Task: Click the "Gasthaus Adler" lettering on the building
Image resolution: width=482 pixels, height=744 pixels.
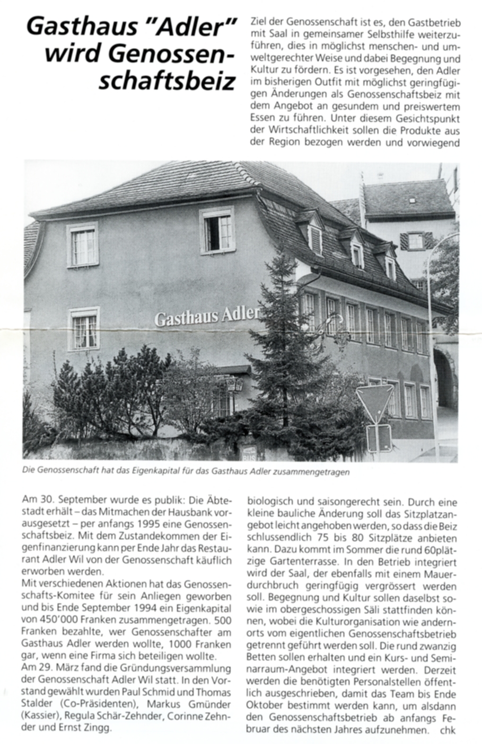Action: coord(207,316)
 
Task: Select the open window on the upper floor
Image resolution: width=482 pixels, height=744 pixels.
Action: coord(217,231)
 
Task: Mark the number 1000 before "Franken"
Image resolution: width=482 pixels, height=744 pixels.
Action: coord(180,644)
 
